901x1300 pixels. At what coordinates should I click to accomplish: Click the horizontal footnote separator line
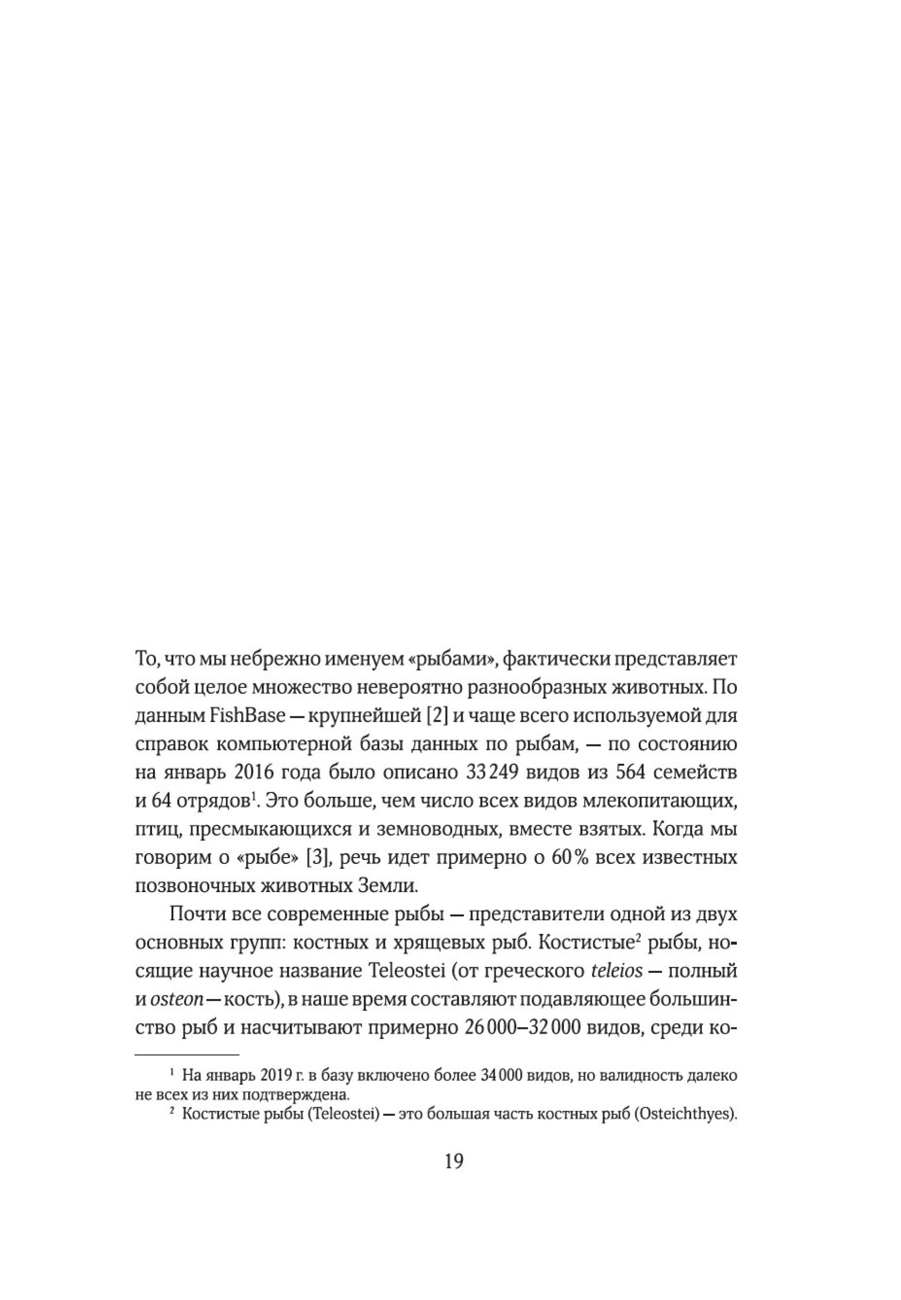[x=187, y=1054]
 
